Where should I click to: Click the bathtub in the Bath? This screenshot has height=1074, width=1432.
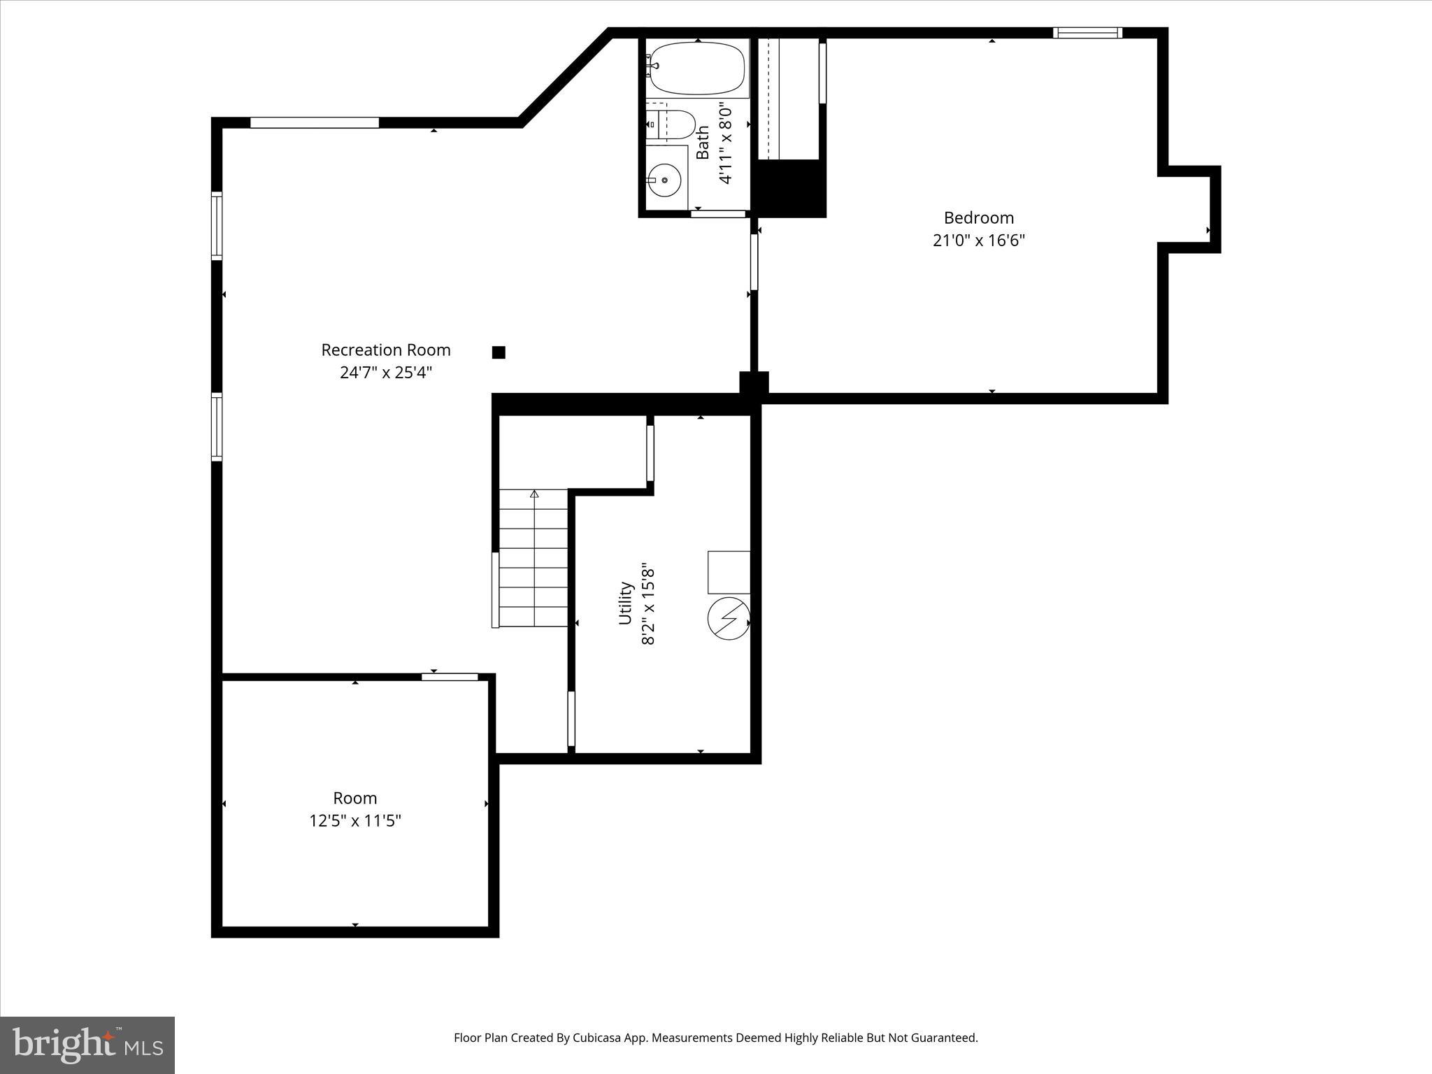[x=696, y=69]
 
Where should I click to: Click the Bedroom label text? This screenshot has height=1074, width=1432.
[x=978, y=217]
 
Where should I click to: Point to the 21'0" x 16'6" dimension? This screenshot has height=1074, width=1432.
[x=978, y=241]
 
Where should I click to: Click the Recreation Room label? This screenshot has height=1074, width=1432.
[x=385, y=350]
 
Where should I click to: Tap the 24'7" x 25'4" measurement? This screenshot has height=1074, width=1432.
[x=385, y=373]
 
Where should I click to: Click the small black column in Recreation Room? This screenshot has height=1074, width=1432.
[x=499, y=352]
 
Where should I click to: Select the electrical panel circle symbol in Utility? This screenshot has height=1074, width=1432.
[x=728, y=618]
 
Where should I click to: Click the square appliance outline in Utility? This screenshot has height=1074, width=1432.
[x=729, y=572]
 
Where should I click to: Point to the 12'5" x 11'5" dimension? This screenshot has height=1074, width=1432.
[x=355, y=821]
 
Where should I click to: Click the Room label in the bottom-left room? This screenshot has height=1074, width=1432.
[x=355, y=798]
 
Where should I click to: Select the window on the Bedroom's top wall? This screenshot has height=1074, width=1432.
[x=1087, y=33]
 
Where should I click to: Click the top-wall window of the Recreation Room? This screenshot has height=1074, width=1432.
[x=315, y=123]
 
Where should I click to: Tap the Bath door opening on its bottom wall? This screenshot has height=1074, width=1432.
[x=718, y=214]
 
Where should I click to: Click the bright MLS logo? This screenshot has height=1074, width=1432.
[x=87, y=1045]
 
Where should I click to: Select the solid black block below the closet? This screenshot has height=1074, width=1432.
[x=788, y=187]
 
